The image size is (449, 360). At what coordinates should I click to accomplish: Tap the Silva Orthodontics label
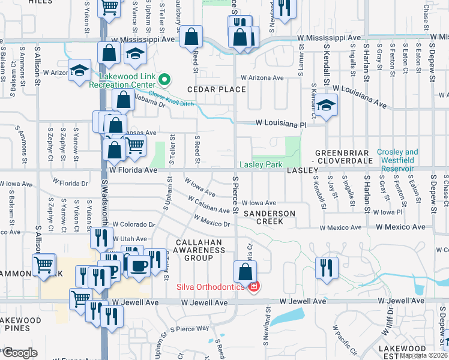coord(210,287)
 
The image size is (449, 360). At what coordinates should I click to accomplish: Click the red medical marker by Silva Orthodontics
coord(254,287)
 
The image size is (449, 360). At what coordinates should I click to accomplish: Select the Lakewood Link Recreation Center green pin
coord(167,78)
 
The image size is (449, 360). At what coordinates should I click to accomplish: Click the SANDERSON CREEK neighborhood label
coord(269,217)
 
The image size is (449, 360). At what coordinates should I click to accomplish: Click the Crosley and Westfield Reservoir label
coord(397,157)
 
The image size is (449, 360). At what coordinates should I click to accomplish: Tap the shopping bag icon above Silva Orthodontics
coord(245,271)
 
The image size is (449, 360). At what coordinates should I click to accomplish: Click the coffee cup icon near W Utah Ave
coord(137,265)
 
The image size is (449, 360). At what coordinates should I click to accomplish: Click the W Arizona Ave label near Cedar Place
coord(262,78)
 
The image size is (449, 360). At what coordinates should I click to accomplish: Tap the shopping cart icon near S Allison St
coord(44,264)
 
